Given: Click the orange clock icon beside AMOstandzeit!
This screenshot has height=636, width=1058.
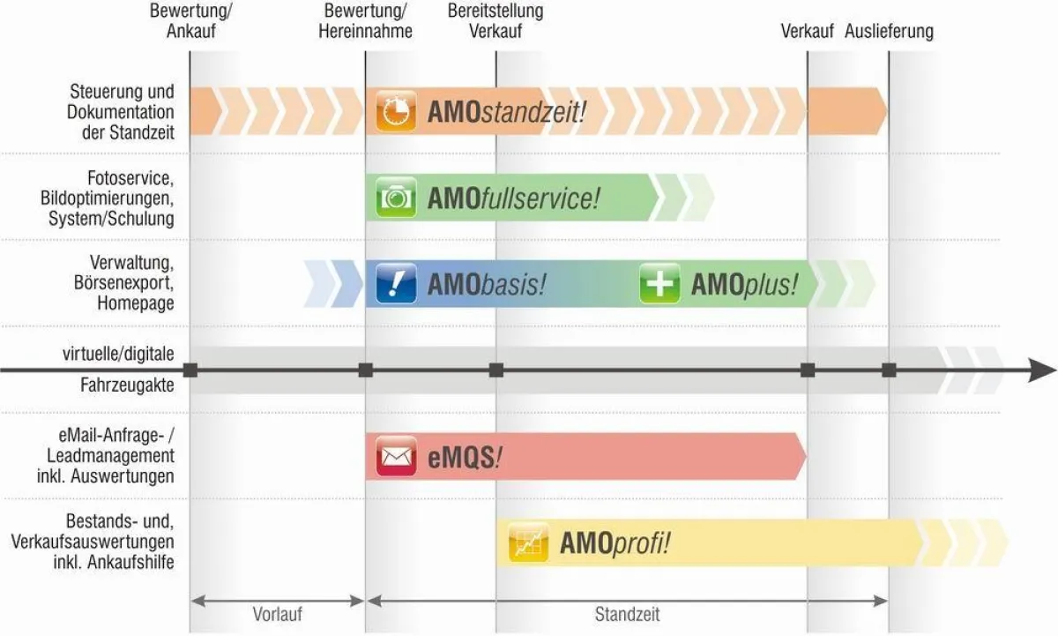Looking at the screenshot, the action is [x=396, y=111].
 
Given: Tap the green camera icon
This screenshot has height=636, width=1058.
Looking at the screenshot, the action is [x=396, y=198].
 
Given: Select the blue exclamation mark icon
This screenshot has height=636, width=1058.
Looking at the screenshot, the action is [x=396, y=283].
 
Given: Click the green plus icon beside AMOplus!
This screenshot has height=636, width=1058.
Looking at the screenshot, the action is [x=659, y=283].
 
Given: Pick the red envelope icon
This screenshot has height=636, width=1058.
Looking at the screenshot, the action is [x=396, y=456].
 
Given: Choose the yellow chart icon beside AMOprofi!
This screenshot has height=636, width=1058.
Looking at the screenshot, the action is [x=528, y=542].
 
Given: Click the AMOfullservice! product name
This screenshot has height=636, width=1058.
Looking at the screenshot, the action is [x=514, y=198].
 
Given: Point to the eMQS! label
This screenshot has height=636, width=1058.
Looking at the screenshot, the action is [x=465, y=458].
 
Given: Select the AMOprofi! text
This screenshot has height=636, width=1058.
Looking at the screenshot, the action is [x=615, y=542].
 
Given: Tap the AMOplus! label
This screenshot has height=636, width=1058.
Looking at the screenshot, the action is [x=744, y=285].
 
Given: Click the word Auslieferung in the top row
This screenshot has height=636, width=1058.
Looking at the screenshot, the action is [x=889, y=32].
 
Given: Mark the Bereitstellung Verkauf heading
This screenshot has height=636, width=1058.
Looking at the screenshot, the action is [x=495, y=21].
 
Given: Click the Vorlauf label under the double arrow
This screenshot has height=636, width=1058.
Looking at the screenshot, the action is [x=277, y=614].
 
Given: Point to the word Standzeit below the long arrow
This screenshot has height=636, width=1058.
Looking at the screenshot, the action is [x=627, y=614].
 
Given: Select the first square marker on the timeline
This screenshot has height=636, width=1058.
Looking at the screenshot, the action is [x=190, y=370].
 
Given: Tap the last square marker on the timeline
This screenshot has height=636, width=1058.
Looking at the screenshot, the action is [x=889, y=370].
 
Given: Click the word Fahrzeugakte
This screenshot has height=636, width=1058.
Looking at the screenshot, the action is [x=127, y=385].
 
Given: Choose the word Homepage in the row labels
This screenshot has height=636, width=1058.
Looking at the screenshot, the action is [x=136, y=303].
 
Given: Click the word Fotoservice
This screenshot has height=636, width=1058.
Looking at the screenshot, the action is [x=130, y=178].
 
